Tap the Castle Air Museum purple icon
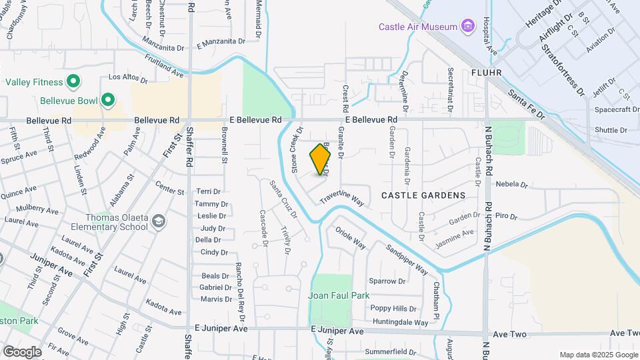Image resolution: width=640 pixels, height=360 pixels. (x=467, y=27)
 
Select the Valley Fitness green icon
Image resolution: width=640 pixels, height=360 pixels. (x=74, y=83)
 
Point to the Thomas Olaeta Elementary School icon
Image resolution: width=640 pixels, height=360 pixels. (x=159, y=221)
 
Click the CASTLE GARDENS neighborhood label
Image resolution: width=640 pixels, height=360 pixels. (x=423, y=195)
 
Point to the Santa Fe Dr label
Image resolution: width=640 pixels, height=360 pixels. (x=527, y=105)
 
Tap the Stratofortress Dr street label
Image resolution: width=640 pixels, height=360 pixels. (x=562, y=65)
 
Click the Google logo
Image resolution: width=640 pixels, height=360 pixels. (x=22, y=351)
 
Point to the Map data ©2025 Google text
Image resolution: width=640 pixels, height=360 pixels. (x=597, y=355)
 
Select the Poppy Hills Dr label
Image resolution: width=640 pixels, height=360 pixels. (x=393, y=309)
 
